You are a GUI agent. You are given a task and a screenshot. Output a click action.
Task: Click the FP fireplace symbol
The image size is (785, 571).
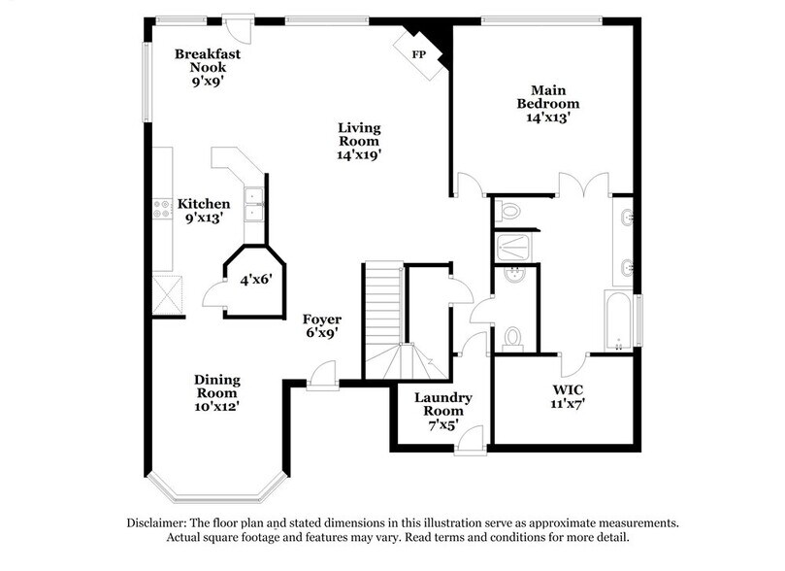(419, 52)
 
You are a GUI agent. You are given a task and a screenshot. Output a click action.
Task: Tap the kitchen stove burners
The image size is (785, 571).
(162, 205)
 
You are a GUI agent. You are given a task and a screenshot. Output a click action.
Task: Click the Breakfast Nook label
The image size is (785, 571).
(208, 61)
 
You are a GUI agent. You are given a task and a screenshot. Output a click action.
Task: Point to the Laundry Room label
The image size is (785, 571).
(442, 405)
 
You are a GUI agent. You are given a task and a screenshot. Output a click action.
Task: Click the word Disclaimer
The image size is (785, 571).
(159, 522)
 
